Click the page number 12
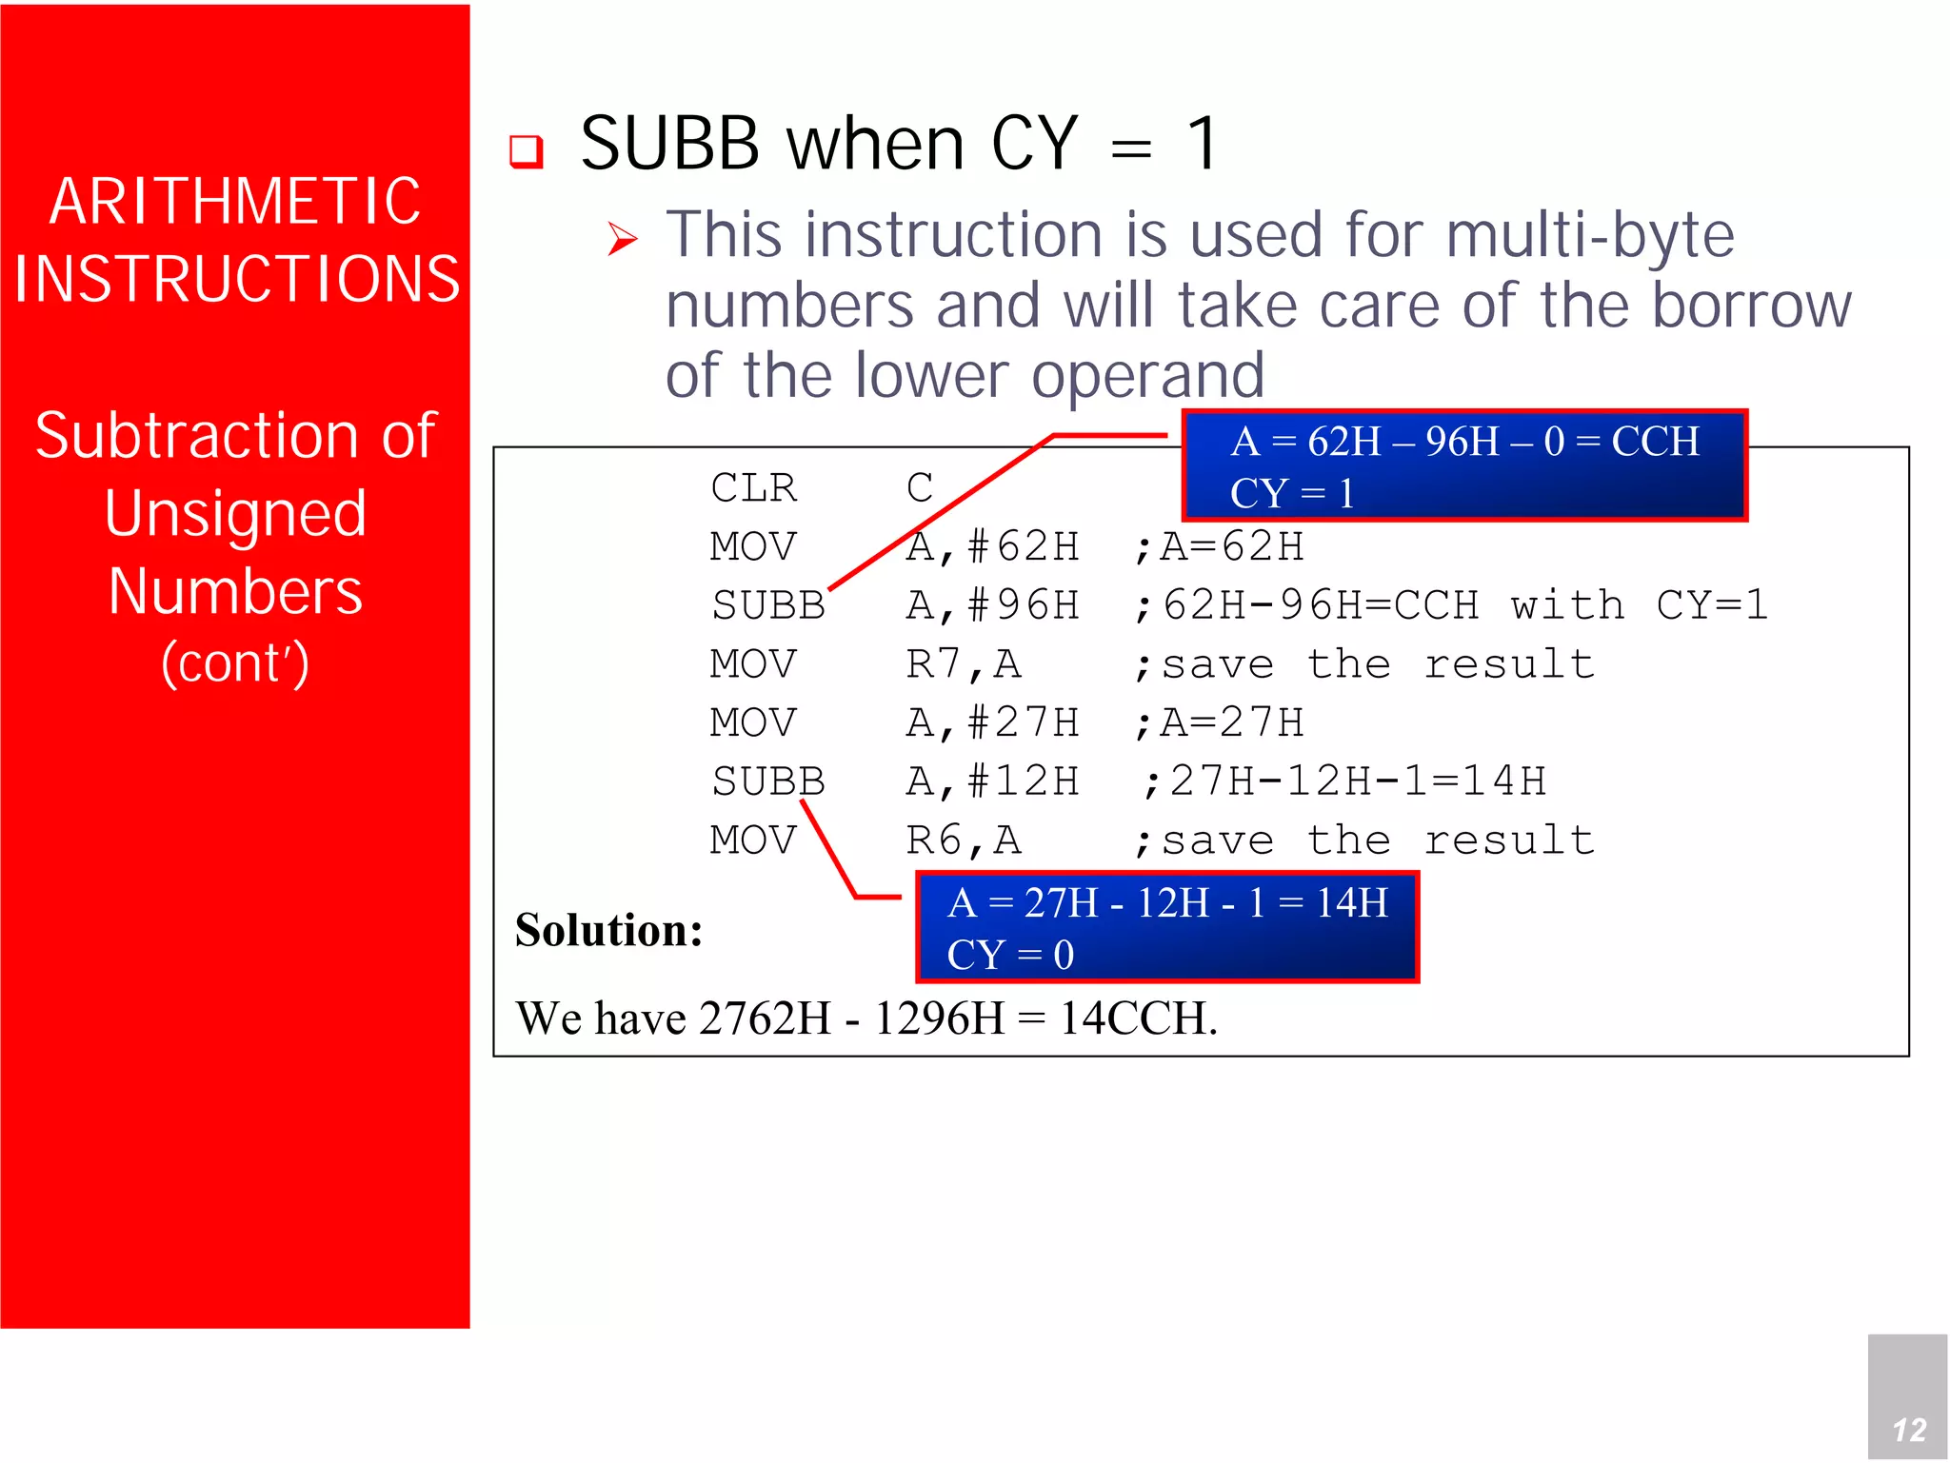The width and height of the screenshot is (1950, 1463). [1908, 1429]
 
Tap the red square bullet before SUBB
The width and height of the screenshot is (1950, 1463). [527, 150]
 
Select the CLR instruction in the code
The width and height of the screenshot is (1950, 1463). [753, 488]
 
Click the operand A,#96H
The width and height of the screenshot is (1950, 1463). [992, 605]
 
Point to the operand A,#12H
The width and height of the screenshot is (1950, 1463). [992, 781]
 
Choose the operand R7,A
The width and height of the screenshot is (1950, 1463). [963, 664]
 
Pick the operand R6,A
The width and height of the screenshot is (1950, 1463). [963, 840]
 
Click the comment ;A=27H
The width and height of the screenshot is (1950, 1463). [1220, 723]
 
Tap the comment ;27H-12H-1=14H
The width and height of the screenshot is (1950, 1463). [1343, 781]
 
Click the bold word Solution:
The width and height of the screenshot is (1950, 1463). [608, 930]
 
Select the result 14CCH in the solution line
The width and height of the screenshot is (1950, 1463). [1138, 1018]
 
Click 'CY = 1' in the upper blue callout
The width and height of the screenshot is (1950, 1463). [1291, 493]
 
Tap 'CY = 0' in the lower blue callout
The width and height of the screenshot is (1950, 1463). [1010, 955]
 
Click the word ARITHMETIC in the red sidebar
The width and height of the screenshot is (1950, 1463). [235, 201]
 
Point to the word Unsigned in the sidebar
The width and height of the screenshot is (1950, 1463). [235, 513]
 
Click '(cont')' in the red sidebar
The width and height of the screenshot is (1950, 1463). [235, 663]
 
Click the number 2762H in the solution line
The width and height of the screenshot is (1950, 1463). [765, 1018]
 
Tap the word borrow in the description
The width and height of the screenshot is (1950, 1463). [1751, 306]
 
